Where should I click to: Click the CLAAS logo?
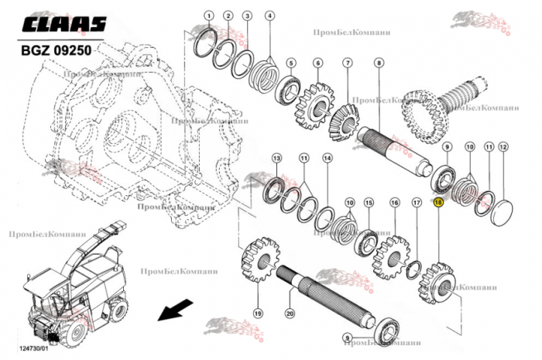tap(63, 26)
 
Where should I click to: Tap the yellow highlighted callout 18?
tap(438, 203)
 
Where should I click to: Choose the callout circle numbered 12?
tap(503, 146)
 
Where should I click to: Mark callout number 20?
tap(290, 314)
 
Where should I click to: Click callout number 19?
tap(258, 313)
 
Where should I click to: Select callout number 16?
tap(395, 203)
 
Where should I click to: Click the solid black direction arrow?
tap(172, 311)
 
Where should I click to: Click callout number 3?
tap(247, 15)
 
